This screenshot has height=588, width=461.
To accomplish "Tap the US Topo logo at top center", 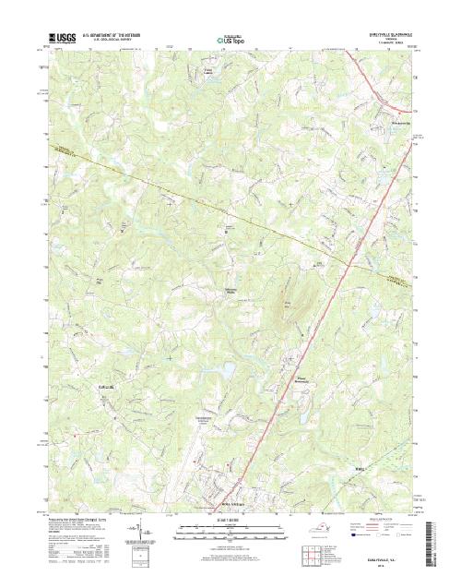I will (230, 41).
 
